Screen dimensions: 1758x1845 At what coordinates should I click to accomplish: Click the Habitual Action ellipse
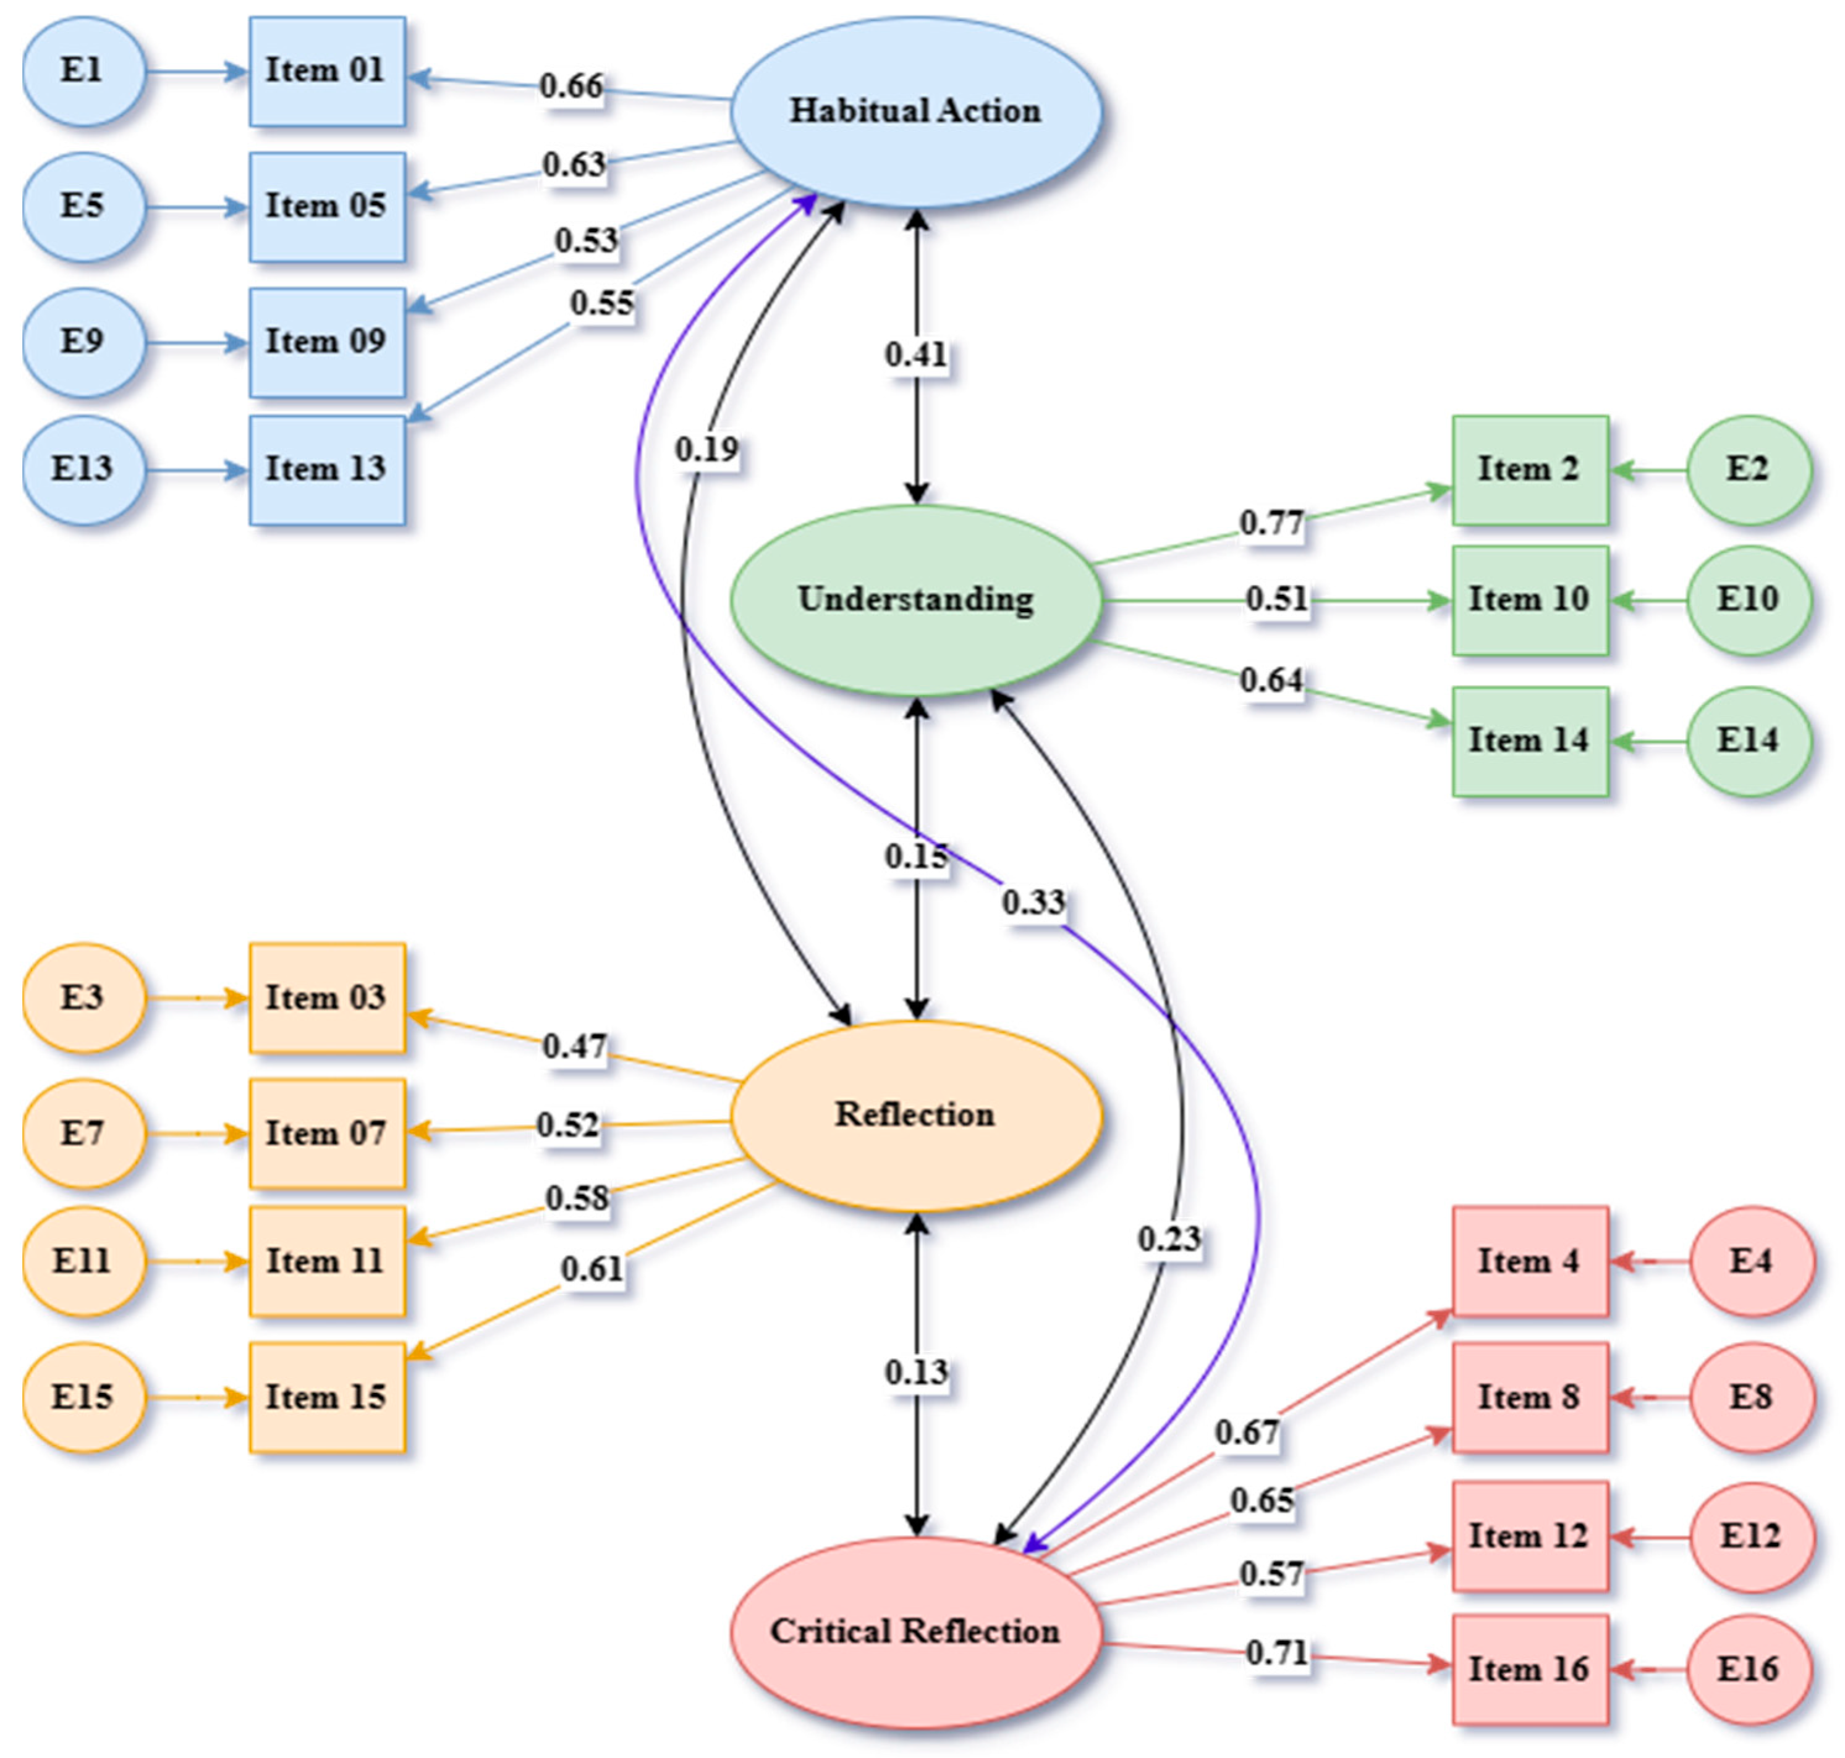915,111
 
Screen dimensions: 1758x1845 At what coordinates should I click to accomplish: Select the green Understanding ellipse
915,600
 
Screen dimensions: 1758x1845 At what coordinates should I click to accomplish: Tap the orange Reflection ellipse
915,1115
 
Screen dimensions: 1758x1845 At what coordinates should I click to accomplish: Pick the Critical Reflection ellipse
915,1631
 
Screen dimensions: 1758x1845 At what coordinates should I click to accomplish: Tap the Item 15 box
326,1397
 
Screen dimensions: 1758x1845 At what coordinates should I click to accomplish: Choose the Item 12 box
1529,1536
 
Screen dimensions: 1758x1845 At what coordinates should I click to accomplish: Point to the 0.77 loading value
1271,522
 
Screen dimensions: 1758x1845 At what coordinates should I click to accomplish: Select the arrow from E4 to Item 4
1650,1261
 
